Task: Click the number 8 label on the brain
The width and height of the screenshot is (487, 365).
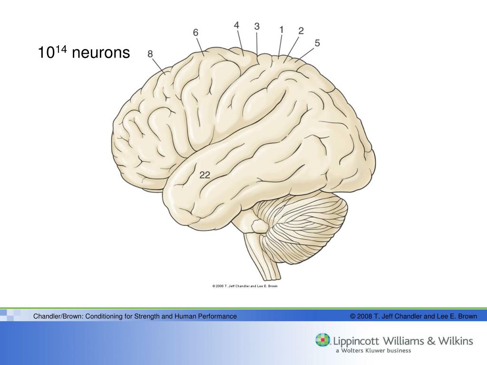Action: (x=150, y=54)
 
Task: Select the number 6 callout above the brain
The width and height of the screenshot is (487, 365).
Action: (x=195, y=32)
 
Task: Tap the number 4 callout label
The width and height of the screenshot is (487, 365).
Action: (x=236, y=25)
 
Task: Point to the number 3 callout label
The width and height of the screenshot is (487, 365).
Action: (x=257, y=27)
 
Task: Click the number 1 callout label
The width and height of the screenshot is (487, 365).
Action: (x=282, y=29)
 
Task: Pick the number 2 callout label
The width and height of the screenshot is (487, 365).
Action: (x=301, y=31)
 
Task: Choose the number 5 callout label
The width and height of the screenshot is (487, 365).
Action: (x=317, y=43)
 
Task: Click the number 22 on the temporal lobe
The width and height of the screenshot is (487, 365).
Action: (x=205, y=175)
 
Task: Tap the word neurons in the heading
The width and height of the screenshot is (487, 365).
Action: (x=100, y=53)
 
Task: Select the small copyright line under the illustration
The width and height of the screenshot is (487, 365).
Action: (x=244, y=286)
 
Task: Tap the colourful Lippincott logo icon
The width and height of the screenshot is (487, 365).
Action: (x=322, y=340)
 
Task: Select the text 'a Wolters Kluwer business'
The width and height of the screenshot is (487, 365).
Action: (x=373, y=351)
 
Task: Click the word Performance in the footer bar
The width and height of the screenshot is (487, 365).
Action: (x=217, y=316)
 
